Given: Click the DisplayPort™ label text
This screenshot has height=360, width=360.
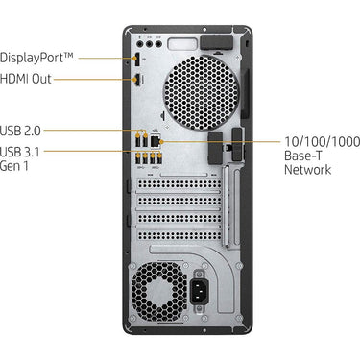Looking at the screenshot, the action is (36, 58).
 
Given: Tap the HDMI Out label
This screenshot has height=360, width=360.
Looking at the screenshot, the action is (26, 79).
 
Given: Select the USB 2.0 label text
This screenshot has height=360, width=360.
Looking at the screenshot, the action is (20, 131).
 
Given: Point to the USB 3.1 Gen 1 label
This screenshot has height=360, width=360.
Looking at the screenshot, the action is (20, 159).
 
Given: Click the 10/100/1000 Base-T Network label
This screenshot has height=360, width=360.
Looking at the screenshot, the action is (323, 156).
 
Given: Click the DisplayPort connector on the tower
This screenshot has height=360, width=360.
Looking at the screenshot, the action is (136, 59).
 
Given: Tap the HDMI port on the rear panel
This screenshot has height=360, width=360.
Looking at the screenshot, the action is (137, 80).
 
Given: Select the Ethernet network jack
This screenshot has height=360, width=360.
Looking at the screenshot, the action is (156, 141).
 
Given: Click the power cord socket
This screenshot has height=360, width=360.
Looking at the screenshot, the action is (199, 291).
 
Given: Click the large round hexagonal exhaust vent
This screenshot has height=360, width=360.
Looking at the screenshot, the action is (201, 93).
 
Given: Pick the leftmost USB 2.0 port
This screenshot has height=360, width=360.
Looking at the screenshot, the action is (138, 140).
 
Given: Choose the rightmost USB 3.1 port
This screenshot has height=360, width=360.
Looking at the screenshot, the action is (159, 159).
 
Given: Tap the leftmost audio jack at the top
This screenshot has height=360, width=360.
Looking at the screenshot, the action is (140, 44).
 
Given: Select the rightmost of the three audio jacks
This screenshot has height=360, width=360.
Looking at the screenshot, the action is (158, 44).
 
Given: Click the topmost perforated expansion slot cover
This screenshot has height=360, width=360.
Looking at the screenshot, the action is (180, 184).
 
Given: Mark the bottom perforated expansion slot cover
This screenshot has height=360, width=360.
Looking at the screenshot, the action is (180, 235).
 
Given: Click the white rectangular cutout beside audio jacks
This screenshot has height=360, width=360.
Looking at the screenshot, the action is (182, 43).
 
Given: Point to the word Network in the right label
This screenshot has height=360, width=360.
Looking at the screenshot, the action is (308, 170).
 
